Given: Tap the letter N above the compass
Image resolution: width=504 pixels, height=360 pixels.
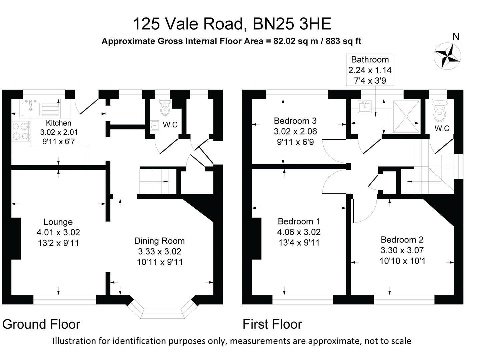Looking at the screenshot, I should click(x=456, y=37).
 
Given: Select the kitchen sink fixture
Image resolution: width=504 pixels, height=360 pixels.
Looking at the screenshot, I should click(x=31, y=107).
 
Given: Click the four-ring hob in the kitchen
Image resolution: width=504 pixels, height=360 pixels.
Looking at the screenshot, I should click(x=20, y=131).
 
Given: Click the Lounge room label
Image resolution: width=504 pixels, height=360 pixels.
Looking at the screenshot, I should click(x=58, y=222).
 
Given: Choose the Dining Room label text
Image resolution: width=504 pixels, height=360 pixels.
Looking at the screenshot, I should click(x=159, y=241).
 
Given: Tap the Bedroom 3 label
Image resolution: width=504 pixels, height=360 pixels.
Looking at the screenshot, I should click(x=295, y=121).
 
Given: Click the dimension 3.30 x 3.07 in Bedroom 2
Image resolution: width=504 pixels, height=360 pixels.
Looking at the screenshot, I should click(x=402, y=250).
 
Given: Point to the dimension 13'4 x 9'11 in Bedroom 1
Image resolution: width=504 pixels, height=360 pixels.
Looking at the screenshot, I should click(x=299, y=243).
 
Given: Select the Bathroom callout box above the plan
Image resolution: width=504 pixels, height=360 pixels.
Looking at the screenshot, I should click(x=370, y=70).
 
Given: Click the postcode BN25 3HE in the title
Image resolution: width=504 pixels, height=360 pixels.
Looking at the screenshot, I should click(x=292, y=24).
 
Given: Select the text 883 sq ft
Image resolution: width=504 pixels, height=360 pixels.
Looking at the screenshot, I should click(x=343, y=41).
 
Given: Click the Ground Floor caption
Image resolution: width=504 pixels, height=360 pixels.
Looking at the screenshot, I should click(x=41, y=324).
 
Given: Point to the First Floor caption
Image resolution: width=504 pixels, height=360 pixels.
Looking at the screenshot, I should click(x=272, y=324).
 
